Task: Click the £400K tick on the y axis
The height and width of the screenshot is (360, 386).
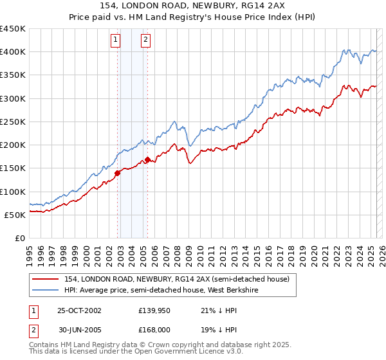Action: click(x=13, y=52)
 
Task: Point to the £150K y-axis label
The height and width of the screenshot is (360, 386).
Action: click(x=13, y=168)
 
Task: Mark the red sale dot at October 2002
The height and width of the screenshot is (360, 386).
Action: click(x=118, y=173)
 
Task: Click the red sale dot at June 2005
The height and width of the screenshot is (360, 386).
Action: click(x=148, y=159)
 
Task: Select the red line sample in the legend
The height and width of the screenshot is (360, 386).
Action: click(x=46, y=279)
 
